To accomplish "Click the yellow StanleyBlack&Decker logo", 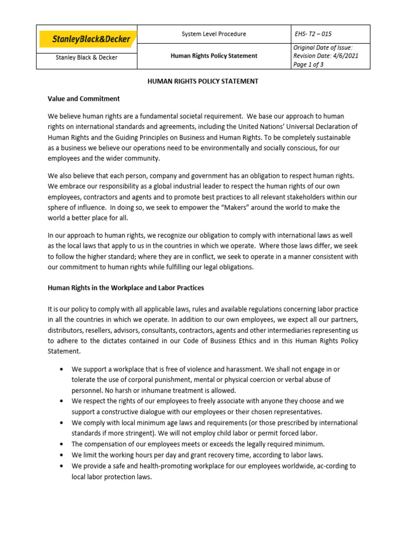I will click(x=87, y=39).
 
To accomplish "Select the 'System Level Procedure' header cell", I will click(x=214, y=34).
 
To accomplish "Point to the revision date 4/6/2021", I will click(x=345, y=56).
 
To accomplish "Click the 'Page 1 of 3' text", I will click(x=309, y=64).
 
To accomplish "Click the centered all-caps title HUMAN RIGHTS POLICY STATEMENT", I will click(x=202, y=81).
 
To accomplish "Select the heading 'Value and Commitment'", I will click(x=84, y=99).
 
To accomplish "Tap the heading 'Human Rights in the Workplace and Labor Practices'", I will click(x=126, y=288).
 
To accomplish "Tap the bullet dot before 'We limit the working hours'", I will click(x=62, y=455).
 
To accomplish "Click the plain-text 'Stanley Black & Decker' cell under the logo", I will click(x=87, y=58).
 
